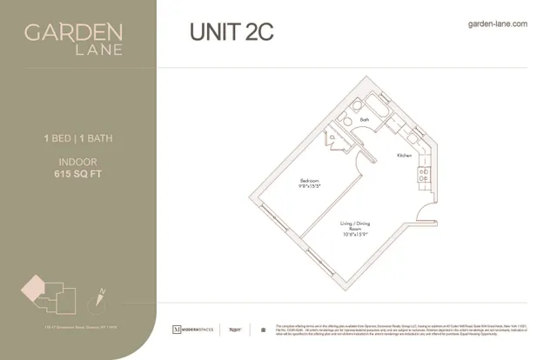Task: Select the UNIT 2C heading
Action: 231,32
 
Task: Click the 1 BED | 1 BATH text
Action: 78,137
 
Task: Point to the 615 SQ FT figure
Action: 78,173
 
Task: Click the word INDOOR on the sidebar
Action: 78,161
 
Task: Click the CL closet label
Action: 332,138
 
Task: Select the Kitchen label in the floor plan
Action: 404,156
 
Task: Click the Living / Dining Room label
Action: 355,226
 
